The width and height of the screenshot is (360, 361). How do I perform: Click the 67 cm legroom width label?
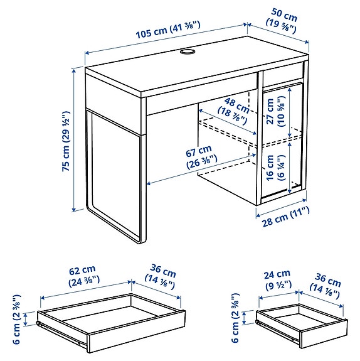pyautogui.click(x=198, y=158)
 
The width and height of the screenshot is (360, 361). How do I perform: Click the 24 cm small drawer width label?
pyautogui.click(x=276, y=278)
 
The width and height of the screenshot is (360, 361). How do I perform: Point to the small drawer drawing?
pyautogui.click(x=301, y=323)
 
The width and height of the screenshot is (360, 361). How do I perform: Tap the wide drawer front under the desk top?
pyautogui.click(x=201, y=101)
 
